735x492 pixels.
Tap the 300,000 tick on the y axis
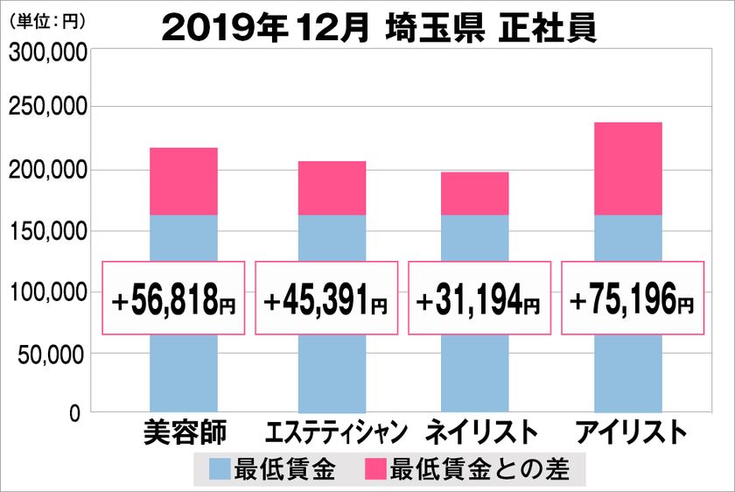48,54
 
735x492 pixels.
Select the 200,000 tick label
48,170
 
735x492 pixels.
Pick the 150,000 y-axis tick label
48,231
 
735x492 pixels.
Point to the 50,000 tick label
52,354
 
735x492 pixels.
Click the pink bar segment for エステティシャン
332,188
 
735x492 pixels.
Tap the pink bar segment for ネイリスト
474,193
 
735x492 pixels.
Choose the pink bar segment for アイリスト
627,168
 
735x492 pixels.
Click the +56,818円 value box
174,298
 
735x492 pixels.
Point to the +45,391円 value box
326,298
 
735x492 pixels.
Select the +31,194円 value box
479,298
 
